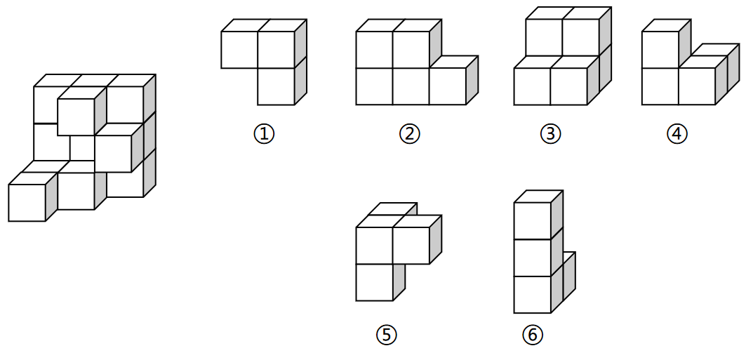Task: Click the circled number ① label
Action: [x=264, y=134]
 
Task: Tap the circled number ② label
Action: [x=409, y=134]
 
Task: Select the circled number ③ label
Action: [x=550, y=134]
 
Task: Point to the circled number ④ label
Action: [x=677, y=134]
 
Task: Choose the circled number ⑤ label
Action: [x=386, y=335]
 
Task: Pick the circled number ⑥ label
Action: [x=532, y=335]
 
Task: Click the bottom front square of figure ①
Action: [x=276, y=86]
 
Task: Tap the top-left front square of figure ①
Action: [x=239, y=50]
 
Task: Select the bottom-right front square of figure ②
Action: [x=447, y=86]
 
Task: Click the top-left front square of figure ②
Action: [x=375, y=50]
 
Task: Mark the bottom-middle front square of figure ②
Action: [x=411, y=86]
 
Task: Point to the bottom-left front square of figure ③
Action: [x=532, y=86]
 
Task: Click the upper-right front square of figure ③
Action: [x=581, y=38]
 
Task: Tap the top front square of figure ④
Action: [x=660, y=50]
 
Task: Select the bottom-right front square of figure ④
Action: [x=697, y=86]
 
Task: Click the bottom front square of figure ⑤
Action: [x=375, y=283]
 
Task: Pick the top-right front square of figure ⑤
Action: [x=411, y=246]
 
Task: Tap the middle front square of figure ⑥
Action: [x=533, y=258]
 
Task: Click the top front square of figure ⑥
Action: [x=533, y=220]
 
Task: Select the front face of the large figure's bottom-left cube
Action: [x=27, y=203]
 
